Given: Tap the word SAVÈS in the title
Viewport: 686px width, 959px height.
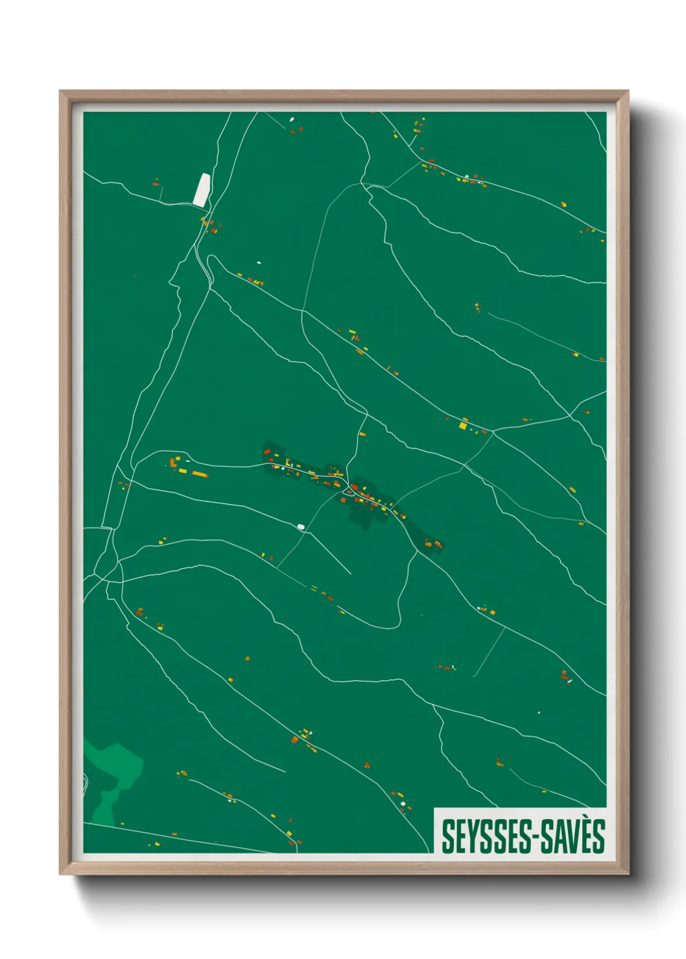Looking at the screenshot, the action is point(573,837).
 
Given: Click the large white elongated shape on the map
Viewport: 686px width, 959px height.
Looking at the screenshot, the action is point(202,190).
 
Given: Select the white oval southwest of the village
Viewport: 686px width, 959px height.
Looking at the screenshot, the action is point(301,527).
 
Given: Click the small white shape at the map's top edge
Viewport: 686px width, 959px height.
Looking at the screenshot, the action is point(292,119).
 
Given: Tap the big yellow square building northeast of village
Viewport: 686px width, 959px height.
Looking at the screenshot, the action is point(463,426).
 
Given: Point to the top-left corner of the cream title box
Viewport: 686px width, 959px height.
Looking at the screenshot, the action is point(434,809).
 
